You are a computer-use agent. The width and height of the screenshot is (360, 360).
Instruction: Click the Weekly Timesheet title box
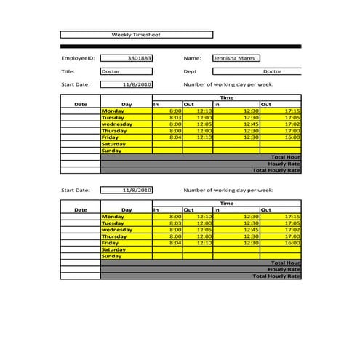[x=136, y=34]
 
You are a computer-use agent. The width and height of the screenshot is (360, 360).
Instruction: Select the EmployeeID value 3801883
[x=127, y=57]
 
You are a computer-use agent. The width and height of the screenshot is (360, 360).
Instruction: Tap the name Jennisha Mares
[x=236, y=57]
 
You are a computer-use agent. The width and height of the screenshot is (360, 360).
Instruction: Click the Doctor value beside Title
[x=127, y=71]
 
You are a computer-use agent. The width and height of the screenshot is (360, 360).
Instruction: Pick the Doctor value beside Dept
[x=271, y=71]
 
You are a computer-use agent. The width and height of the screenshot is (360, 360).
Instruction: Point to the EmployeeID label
[x=78, y=57]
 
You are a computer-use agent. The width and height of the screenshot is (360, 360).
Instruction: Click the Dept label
[x=191, y=71]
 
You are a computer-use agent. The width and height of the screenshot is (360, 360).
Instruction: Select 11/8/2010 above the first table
[x=127, y=84]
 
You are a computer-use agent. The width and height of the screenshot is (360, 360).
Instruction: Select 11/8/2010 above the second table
[x=127, y=190]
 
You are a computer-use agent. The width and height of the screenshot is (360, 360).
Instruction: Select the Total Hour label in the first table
[x=285, y=157]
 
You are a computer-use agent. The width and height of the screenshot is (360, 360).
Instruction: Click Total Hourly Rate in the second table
[x=276, y=276]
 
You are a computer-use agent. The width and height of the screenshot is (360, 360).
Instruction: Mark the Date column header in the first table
[x=81, y=104]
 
